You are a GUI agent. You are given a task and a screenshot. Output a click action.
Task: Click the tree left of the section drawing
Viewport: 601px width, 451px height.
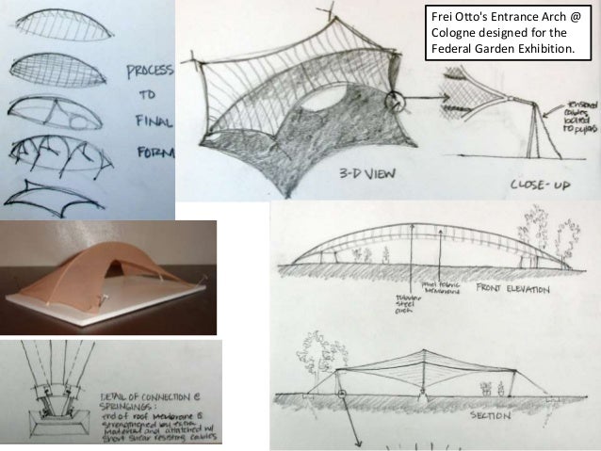click(x=312, y=349)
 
